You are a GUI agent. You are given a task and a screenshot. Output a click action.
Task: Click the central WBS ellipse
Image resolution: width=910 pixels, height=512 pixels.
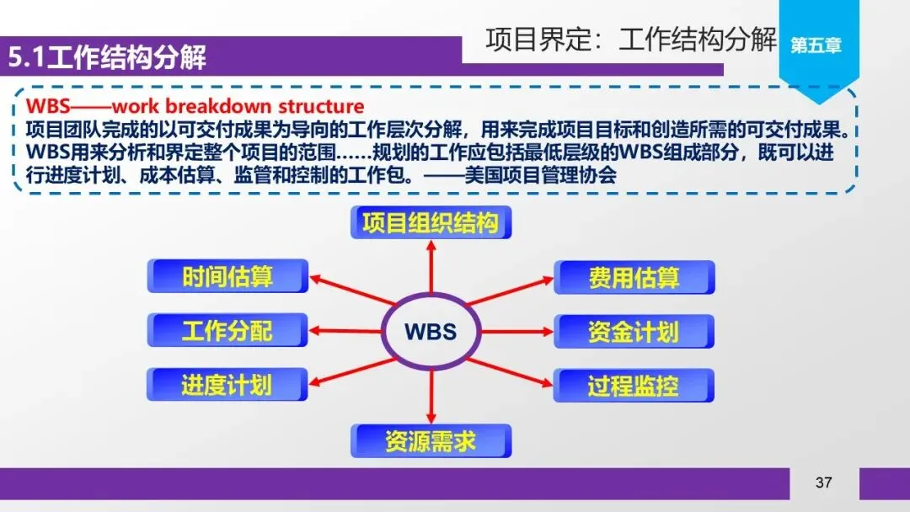pyautogui.click(x=431, y=331)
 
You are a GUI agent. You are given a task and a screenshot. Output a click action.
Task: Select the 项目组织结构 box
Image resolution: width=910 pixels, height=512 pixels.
pyautogui.click(x=431, y=223)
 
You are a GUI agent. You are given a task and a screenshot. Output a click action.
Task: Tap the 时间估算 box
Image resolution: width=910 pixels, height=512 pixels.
pyautogui.click(x=227, y=276)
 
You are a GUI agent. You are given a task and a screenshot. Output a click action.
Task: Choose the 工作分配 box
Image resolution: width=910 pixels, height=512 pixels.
pyautogui.click(x=227, y=330)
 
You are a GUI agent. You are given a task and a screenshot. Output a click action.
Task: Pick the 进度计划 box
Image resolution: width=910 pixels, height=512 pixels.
pyautogui.click(x=227, y=385)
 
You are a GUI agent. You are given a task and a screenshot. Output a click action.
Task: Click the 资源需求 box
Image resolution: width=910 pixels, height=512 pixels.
pyautogui.click(x=431, y=441)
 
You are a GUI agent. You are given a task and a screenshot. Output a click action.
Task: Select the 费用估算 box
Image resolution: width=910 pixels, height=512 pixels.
pyautogui.click(x=634, y=277)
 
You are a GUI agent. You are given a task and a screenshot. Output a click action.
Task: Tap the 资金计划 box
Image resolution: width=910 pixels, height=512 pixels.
pyautogui.click(x=634, y=331)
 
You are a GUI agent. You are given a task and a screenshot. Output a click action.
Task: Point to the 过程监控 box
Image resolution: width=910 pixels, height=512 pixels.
pyautogui.click(x=634, y=386)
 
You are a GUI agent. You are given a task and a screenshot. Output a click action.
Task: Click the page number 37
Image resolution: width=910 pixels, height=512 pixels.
pyautogui.click(x=823, y=483)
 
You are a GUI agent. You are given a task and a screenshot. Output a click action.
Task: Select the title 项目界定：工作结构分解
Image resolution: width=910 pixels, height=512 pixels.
pyautogui.click(x=630, y=40)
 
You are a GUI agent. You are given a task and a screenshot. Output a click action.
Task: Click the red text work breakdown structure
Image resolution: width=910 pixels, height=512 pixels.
pyautogui.click(x=238, y=107)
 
